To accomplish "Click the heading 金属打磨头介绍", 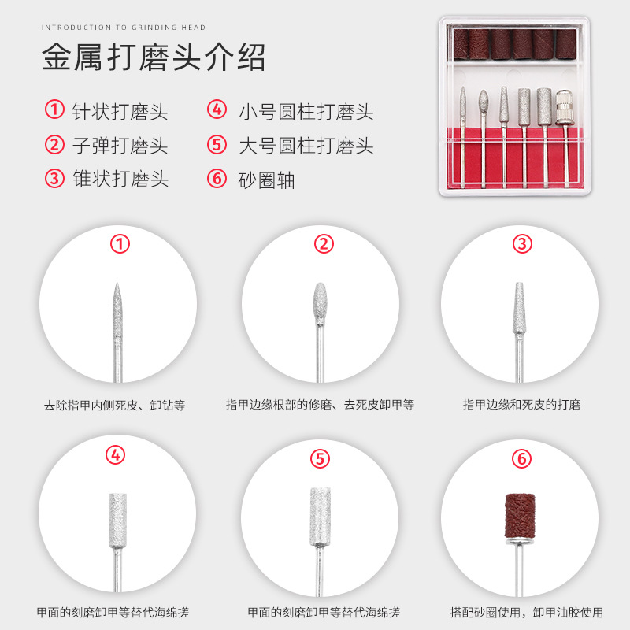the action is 154,57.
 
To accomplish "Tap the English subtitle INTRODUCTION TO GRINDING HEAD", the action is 124,28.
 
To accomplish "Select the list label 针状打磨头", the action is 120,111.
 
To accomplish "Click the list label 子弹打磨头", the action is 120,146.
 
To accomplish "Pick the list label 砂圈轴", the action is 266,180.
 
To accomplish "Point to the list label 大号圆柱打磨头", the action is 306,146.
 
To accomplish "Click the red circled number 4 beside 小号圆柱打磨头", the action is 217,109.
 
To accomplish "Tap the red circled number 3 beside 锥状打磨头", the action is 54,179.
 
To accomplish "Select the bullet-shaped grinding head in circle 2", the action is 320,304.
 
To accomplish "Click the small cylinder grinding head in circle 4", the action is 117,521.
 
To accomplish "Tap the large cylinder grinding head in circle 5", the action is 321,517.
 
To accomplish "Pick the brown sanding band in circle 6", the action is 520,516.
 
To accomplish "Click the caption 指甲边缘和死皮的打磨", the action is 521,405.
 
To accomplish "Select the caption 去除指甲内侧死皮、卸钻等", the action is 114,405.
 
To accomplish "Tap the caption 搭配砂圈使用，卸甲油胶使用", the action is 526,613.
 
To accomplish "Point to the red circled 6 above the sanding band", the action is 521,458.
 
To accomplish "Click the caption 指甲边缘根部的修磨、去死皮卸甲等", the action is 320,405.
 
